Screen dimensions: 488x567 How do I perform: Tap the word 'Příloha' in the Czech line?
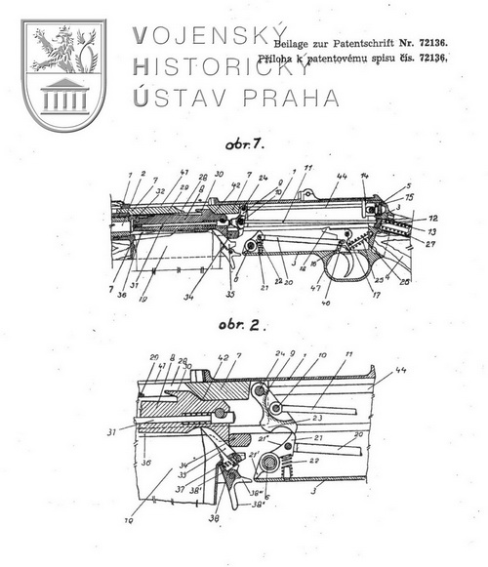point(295,60)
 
